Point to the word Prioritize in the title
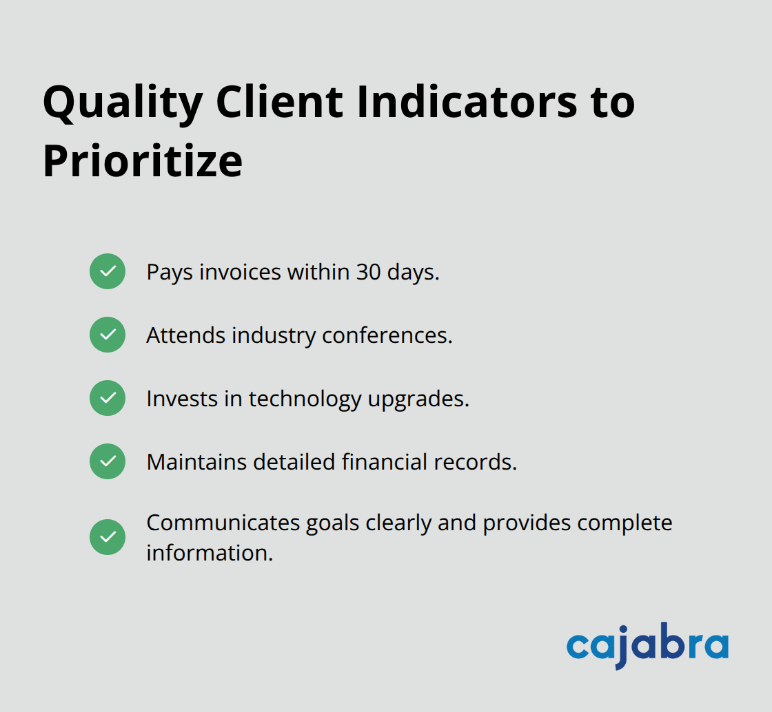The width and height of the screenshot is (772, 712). pyautogui.click(x=143, y=163)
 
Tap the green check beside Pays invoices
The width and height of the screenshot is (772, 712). pyautogui.click(x=108, y=271)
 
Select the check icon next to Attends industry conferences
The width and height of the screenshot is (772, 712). pyautogui.click(x=108, y=335)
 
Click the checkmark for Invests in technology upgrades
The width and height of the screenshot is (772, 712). pyautogui.click(x=108, y=398)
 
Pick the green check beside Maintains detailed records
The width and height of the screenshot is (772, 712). pyautogui.click(x=108, y=461)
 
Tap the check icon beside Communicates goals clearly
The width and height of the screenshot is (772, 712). pyautogui.click(x=108, y=537)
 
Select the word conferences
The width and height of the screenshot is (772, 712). pyautogui.click(x=387, y=335)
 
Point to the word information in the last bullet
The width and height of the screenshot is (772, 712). pyautogui.click(x=210, y=552)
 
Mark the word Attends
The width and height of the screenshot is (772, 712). pyautogui.click(x=185, y=335)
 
